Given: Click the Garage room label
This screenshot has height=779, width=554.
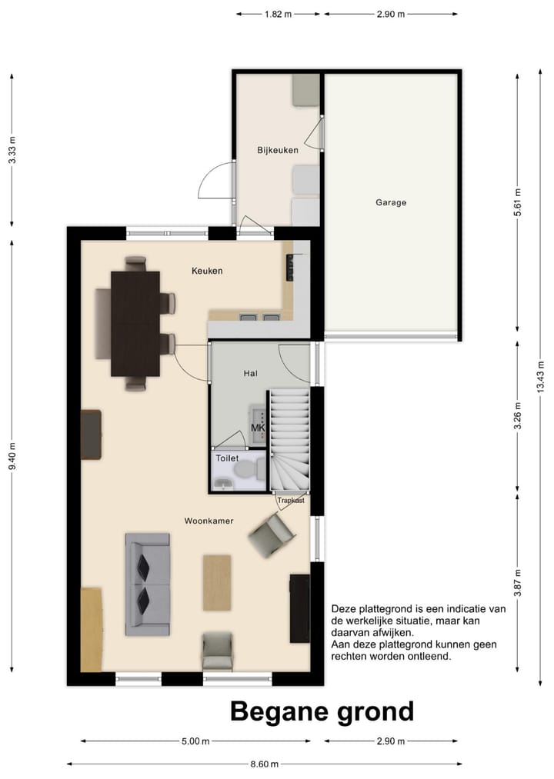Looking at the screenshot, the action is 391,203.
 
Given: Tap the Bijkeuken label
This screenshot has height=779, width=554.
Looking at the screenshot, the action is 278,150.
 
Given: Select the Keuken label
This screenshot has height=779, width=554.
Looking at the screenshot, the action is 208,271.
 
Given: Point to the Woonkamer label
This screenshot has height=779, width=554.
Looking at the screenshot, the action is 209,521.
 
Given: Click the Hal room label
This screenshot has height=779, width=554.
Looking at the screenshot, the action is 251,373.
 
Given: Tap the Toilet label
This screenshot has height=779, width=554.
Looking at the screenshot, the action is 227,458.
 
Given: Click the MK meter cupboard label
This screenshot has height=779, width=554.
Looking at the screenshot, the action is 258,428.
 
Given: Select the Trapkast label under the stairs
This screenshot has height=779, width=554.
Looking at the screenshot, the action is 291,501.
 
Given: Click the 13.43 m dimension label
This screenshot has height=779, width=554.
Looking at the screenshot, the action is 541,377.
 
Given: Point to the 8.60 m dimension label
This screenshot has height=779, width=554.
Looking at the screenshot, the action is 264,764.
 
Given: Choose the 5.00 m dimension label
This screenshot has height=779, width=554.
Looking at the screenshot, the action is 195,741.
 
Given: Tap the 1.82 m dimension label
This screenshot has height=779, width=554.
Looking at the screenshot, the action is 278,14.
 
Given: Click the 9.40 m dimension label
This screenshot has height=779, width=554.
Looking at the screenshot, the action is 12,456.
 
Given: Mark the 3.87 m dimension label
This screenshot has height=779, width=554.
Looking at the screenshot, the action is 518,583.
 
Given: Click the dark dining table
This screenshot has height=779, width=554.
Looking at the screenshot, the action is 135,324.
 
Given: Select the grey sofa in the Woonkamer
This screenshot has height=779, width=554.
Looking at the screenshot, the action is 147,584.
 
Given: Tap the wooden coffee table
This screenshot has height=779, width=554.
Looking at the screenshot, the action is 217,583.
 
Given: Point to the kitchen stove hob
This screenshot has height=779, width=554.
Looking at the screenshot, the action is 290,268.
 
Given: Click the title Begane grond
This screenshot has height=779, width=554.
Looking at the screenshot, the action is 322,711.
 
